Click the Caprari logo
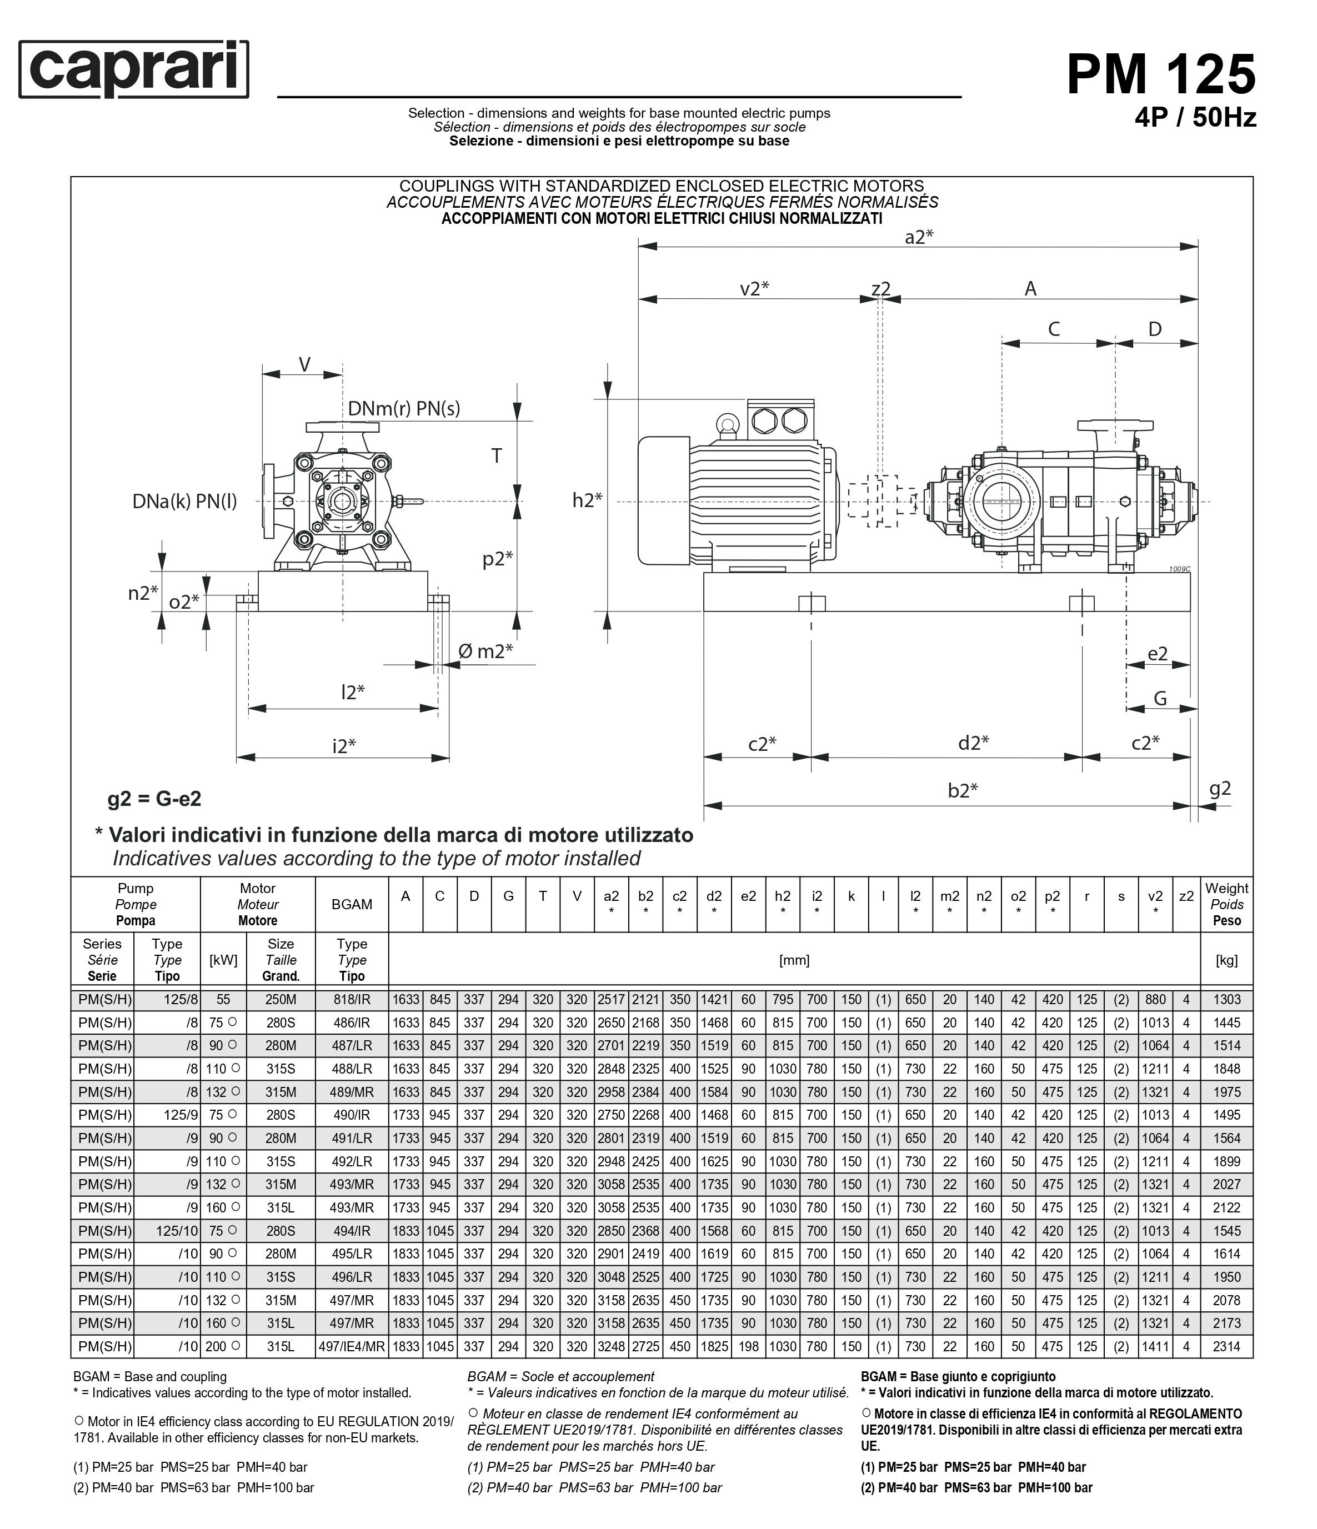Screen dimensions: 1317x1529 point(134,69)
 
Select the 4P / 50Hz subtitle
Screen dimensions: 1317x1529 point(1195,117)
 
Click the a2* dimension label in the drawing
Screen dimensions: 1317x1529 point(918,237)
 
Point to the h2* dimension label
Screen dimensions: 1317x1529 point(587,500)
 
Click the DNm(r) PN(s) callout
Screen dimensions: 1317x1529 point(404,409)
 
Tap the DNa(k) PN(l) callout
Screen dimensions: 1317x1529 point(184,502)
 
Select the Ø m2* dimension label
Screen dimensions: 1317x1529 point(485,651)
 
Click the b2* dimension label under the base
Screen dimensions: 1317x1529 point(963,790)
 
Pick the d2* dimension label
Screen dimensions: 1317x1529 point(974,743)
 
